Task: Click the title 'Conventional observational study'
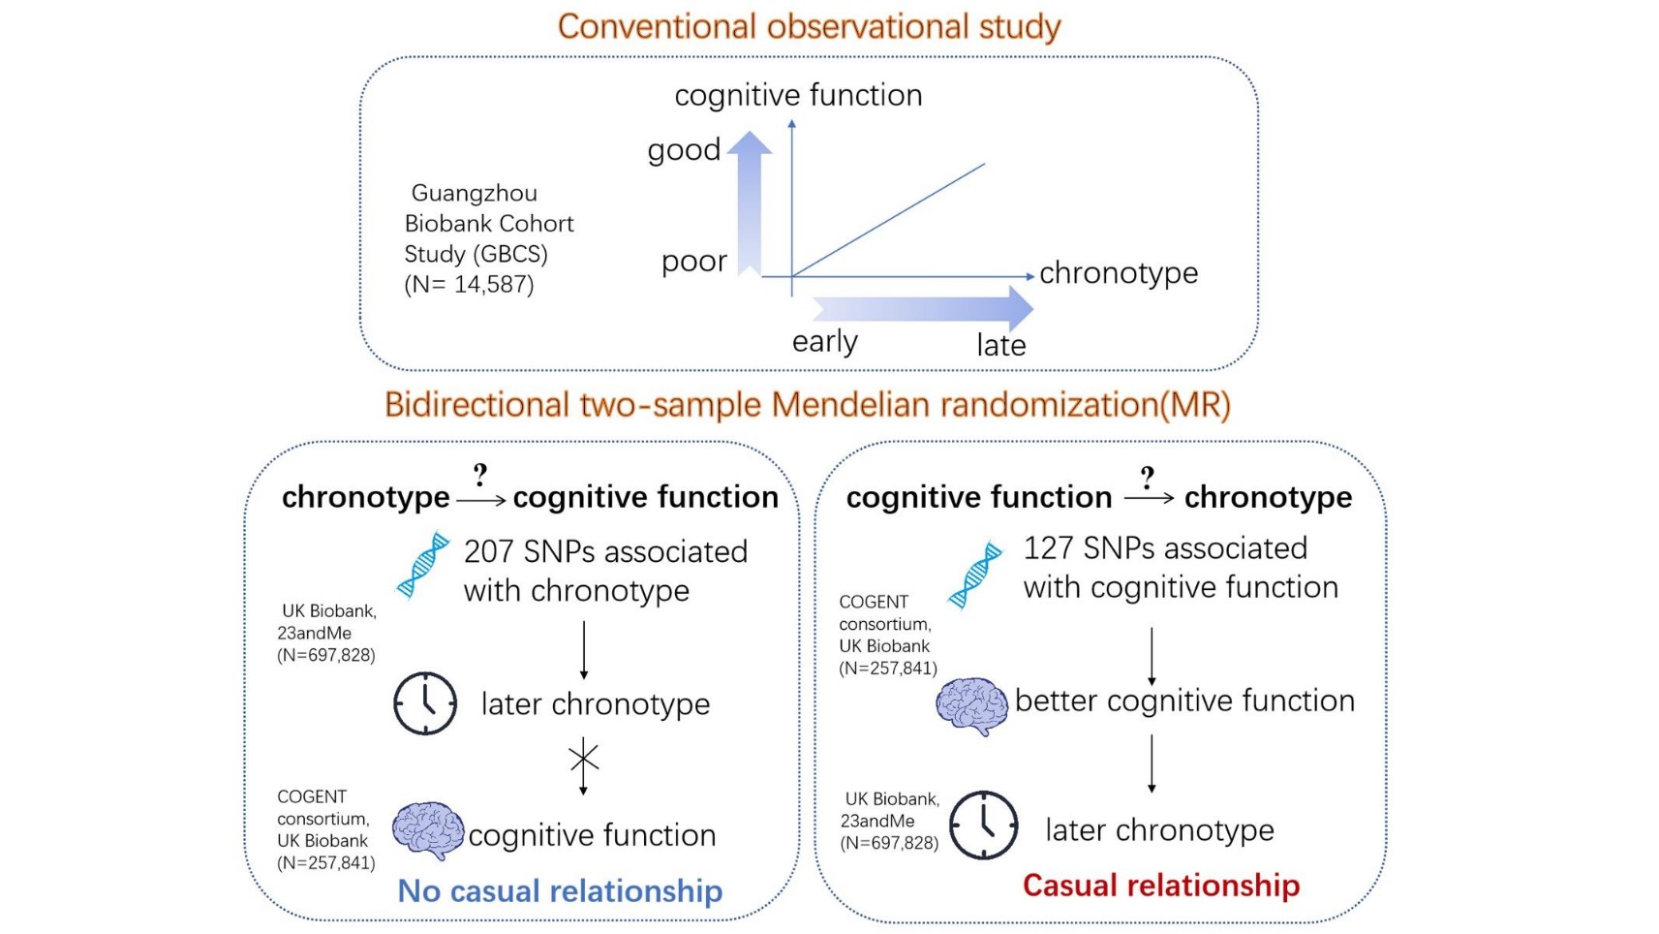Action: click(x=809, y=26)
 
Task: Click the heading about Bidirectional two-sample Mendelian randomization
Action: click(x=807, y=404)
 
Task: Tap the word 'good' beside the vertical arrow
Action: click(x=684, y=150)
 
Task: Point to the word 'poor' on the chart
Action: click(x=693, y=262)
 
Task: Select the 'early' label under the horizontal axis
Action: click(x=824, y=342)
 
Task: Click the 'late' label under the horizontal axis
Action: click(x=1000, y=346)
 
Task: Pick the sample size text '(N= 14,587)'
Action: click(x=469, y=285)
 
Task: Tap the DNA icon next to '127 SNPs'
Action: click(x=975, y=575)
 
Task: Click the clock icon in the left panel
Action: click(x=425, y=703)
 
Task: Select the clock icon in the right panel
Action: click(x=983, y=825)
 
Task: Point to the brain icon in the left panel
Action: click(x=427, y=829)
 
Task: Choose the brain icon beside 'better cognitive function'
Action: click(x=971, y=705)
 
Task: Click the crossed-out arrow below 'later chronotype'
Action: click(x=583, y=759)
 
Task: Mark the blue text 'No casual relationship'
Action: click(x=560, y=890)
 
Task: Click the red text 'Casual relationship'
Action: click(x=1160, y=885)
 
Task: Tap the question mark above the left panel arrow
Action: click(x=480, y=475)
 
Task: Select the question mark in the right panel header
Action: click(x=1148, y=477)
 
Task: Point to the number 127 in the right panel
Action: click(x=1047, y=548)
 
